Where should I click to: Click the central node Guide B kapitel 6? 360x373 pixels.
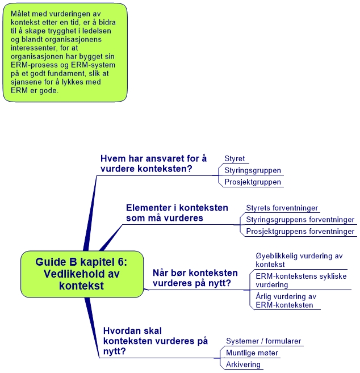81,274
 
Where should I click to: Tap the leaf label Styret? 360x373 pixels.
235,159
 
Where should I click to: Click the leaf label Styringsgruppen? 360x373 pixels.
253,170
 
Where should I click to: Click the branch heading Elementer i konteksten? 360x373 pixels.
177,212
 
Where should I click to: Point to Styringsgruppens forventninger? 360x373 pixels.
300,220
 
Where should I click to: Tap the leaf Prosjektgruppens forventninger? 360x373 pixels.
300,231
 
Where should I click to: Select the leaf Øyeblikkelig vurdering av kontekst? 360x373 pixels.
291,259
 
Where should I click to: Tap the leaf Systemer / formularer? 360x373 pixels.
263,341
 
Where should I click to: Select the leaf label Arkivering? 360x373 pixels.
243,364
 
